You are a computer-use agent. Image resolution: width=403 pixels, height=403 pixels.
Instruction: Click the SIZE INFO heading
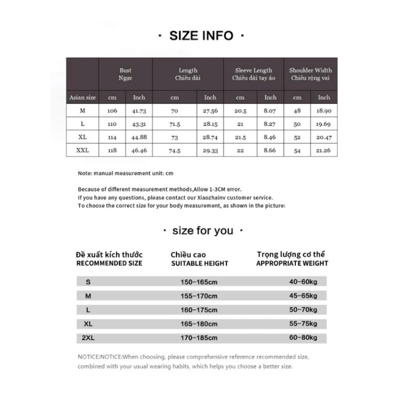201,36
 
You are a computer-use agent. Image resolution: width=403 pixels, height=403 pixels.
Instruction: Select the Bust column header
126,74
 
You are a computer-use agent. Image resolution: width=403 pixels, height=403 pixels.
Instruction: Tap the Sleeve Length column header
254,74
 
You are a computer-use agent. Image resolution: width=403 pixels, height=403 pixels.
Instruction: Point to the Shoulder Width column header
311,74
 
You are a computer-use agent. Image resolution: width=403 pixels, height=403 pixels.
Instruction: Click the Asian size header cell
83,97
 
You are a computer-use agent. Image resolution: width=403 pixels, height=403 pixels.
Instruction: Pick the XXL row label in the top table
83,150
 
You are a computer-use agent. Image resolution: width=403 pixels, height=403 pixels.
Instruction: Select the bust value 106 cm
112,110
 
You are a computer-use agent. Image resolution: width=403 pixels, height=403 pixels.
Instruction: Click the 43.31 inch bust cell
139,124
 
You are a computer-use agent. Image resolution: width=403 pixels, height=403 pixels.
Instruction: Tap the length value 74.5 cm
175,151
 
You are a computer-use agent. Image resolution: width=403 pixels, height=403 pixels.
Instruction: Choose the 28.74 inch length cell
210,138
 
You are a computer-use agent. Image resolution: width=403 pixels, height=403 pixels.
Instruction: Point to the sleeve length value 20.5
240,111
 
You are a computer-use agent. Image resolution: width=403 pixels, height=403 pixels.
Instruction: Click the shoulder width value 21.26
324,151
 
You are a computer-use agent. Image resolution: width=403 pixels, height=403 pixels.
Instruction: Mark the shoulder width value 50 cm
297,124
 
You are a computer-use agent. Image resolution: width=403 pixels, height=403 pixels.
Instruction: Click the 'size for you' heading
202,231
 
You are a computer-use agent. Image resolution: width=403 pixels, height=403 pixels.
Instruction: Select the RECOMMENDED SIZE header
110,263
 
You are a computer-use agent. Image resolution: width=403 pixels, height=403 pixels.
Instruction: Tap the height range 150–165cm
200,282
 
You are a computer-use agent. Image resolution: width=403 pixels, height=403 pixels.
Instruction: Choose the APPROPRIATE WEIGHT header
292,263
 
